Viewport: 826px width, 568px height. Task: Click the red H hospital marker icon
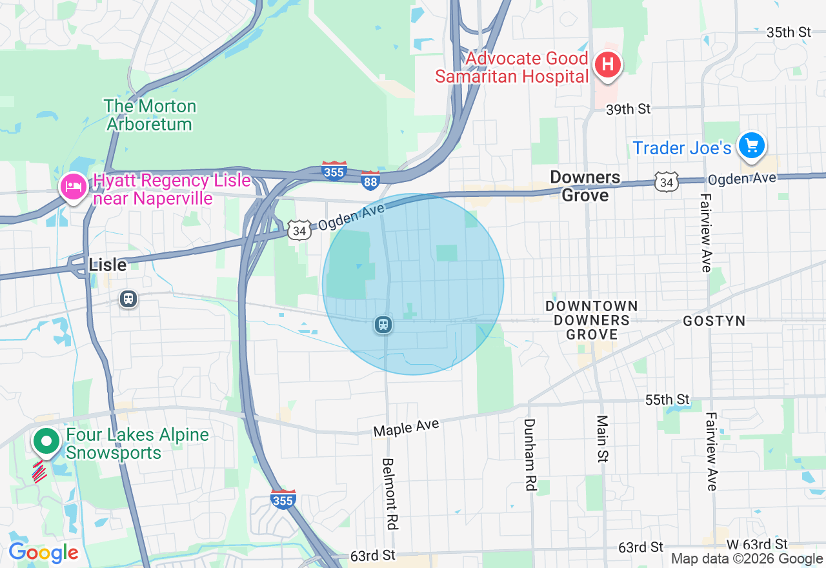point(607,65)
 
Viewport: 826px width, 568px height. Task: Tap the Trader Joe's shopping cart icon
point(751,145)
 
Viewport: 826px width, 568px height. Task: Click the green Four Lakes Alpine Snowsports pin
point(46,442)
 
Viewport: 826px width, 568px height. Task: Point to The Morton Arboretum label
point(150,115)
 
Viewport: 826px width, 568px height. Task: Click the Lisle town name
point(107,265)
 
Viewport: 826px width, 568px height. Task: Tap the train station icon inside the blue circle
point(383,325)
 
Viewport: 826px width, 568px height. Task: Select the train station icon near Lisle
point(128,299)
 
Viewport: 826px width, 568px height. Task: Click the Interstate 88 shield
point(370,181)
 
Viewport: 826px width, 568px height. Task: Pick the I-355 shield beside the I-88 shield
point(334,171)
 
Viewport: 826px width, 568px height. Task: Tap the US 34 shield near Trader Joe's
point(666,182)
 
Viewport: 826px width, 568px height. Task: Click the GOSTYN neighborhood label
point(714,321)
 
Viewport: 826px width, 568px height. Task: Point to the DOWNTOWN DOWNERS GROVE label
point(591,320)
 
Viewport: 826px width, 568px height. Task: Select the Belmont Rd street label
point(389,494)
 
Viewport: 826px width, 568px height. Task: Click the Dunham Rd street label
point(530,455)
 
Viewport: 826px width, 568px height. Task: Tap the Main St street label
point(603,439)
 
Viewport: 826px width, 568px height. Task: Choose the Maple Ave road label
point(407,427)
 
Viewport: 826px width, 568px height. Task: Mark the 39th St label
point(628,109)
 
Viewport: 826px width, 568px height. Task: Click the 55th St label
point(667,400)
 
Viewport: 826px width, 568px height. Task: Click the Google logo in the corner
point(43,553)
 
